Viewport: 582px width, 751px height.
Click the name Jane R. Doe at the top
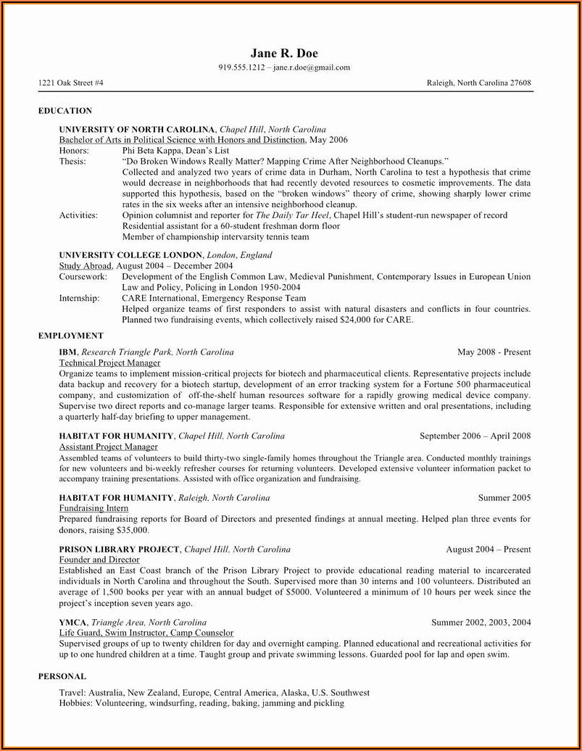coord(284,53)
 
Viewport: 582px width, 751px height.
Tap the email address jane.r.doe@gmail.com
coord(312,67)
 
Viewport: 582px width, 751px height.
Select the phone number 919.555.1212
coord(242,67)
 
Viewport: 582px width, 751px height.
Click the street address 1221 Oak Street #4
coord(70,83)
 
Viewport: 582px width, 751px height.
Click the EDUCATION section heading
coord(65,111)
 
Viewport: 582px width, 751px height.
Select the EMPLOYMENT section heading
coord(70,336)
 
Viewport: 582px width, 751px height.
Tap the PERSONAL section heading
coord(62,676)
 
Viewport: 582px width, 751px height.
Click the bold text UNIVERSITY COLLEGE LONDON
coord(130,255)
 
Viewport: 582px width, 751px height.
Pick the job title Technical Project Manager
coord(109,362)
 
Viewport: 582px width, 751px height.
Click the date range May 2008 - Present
coord(494,352)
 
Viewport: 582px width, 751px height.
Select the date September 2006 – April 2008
coord(475,436)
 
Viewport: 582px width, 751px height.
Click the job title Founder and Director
coord(99,560)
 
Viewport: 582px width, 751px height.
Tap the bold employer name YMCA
coord(73,623)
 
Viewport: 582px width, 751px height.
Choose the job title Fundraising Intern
coord(93,508)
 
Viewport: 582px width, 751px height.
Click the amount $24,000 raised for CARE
coord(355,320)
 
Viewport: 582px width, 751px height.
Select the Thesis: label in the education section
coord(72,161)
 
